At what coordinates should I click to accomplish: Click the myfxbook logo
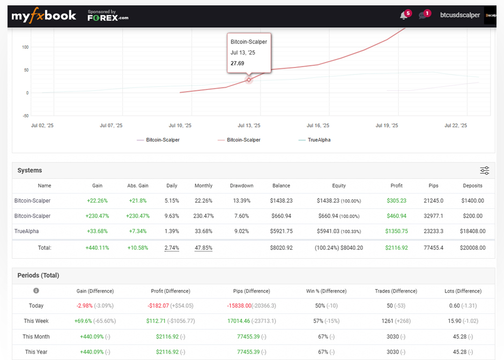[44, 16]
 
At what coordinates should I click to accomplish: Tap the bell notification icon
[404, 16]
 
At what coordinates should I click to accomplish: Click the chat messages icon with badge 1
[423, 16]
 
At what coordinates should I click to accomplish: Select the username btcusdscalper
[459, 16]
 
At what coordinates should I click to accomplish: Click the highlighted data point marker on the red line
[249, 79]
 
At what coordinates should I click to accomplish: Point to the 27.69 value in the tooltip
[238, 63]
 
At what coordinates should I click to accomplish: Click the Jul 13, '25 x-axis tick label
[249, 125]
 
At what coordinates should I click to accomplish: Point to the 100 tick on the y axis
[25, 47]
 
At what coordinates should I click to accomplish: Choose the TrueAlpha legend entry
[318, 140]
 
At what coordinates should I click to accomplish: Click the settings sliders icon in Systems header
[484, 170]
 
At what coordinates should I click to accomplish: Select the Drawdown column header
[241, 186]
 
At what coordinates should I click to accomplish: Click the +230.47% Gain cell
[97, 216]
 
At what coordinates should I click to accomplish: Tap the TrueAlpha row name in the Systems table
[27, 231]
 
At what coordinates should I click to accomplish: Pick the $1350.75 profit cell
[396, 231]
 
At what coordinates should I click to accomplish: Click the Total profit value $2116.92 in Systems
[396, 248]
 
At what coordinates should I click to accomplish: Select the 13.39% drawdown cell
[241, 201]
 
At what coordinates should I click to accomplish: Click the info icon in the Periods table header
[36, 291]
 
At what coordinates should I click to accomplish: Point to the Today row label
[36, 306]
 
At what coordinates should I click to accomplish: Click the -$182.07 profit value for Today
[158, 306]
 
